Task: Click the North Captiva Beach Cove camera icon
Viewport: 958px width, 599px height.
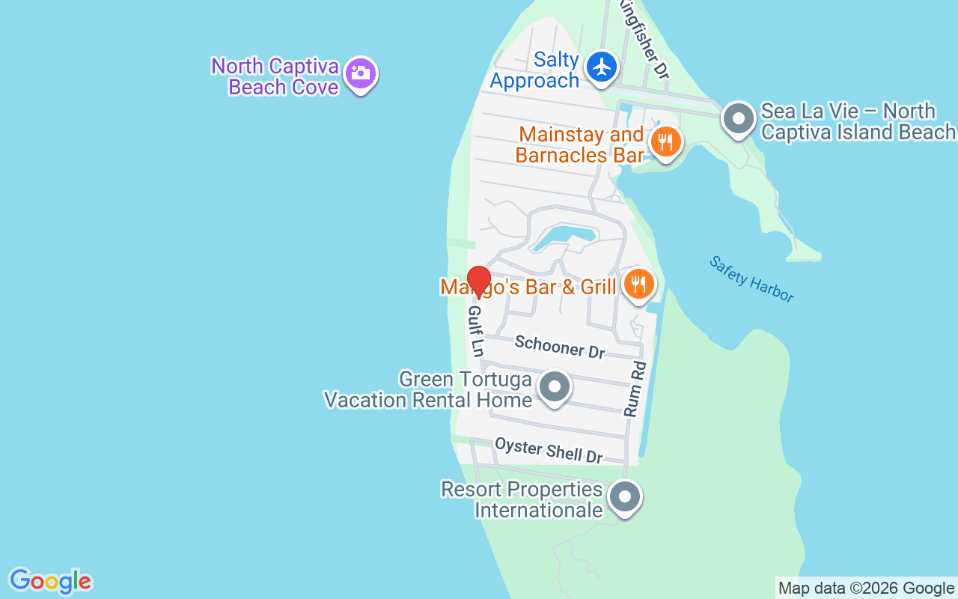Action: coord(361,73)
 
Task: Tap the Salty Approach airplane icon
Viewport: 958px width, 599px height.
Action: coord(601,67)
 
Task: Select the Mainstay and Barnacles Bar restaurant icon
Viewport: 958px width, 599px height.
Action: coord(665,140)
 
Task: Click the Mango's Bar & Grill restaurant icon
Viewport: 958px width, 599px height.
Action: coord(638,284)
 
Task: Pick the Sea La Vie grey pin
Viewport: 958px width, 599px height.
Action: coord(739,118)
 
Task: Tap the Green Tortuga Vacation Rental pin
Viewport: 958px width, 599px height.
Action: coord(555,387)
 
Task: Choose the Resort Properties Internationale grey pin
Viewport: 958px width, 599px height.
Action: coord(625,496)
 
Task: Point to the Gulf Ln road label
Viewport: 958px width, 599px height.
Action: coord(476,330)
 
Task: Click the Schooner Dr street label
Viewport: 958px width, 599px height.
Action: coord(560,346)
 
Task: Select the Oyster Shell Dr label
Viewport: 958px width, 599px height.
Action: coord(549,450)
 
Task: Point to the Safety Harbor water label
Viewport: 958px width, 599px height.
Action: coord(751,279)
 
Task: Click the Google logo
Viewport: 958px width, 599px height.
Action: coord(50,581)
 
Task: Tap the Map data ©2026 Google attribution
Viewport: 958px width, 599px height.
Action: coord(866,588)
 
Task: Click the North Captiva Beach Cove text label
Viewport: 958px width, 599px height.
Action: coord(275,76)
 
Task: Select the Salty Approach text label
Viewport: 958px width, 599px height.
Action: coord(535,70)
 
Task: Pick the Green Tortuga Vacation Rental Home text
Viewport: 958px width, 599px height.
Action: coord(428,389)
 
